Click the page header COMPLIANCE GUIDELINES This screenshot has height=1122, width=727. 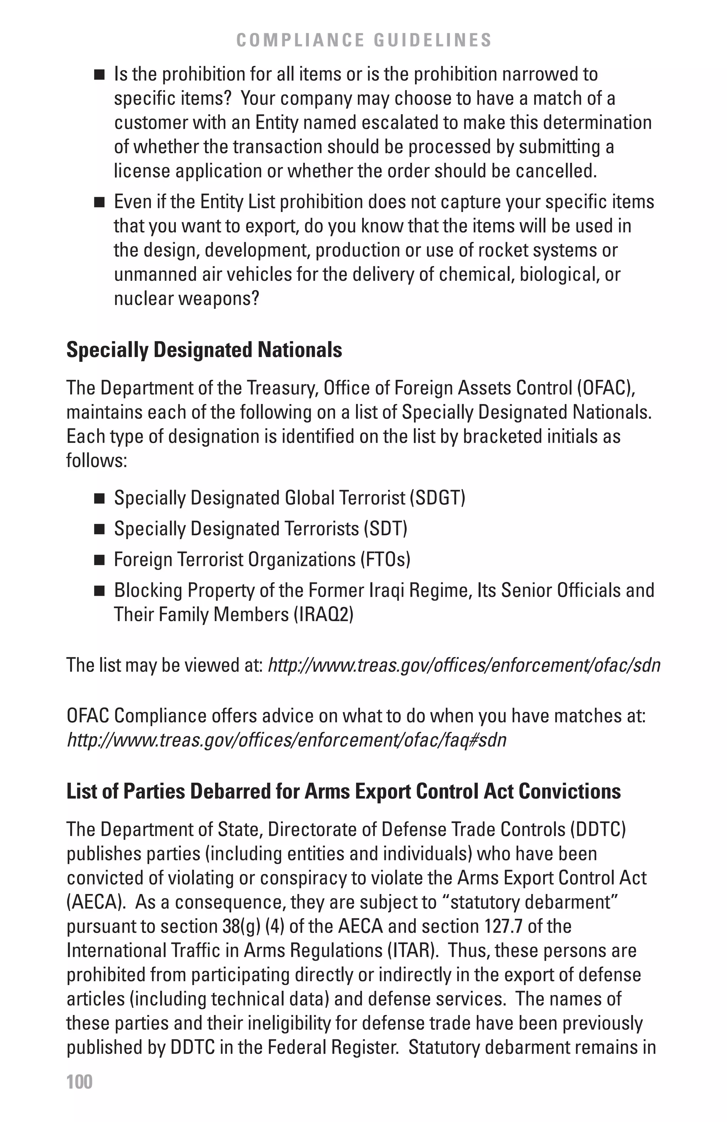(x=364, y=40)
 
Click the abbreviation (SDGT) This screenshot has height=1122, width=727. (x=437, y=498)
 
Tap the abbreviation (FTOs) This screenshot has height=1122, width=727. (x=386, y=560)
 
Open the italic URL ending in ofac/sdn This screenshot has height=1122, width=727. (x=464, y=665)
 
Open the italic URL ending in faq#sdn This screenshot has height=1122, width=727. (x=286, y=740)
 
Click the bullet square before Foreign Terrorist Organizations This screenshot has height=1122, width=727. (x=99, y=560)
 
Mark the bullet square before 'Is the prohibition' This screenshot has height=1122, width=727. (x=99, y=75)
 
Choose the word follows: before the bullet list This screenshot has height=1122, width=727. (x=97, y=461)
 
